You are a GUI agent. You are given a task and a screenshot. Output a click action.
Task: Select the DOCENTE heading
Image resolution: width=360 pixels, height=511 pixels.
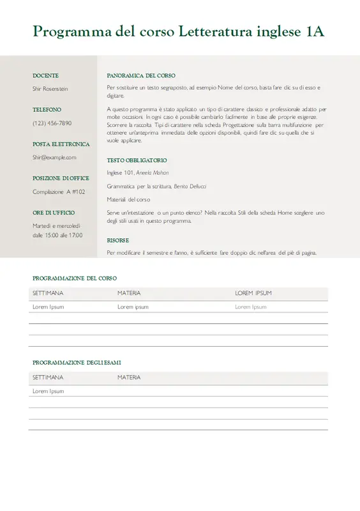tap(45, 75)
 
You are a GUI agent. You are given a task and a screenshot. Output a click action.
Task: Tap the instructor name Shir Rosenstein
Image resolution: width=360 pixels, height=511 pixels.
tap(50, 89)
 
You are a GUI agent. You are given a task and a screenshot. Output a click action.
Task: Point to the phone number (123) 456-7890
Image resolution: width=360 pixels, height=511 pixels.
tap(52, 123)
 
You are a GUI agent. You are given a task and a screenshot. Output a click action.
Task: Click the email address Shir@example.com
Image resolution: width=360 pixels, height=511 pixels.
tap(54, 157)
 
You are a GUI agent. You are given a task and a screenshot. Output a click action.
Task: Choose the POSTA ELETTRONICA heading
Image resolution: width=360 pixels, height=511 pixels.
tap(61, 144)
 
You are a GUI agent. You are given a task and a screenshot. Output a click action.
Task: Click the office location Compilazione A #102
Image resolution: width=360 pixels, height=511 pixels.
tap(59, 192)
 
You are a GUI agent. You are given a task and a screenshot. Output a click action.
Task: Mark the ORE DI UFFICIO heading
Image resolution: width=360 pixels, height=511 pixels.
tap(54, 213)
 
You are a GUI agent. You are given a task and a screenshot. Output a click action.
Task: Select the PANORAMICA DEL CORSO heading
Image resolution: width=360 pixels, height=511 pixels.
tap(141, 75)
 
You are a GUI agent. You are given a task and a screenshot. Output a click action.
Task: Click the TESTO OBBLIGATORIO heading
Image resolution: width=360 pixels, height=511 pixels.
tap(137, 160)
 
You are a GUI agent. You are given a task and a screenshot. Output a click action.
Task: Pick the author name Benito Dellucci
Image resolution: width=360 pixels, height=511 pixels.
tap(190, 187)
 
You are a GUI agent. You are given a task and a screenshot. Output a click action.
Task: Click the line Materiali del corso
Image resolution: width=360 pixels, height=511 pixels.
tap(128, 200)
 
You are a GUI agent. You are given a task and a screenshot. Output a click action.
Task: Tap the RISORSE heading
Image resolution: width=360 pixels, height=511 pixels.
tap(118, 241)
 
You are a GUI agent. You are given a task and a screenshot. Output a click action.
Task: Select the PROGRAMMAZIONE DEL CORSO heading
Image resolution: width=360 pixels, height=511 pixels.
tap(75, 278)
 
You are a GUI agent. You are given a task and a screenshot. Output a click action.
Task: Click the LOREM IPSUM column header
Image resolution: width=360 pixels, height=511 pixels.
tap(253, 293)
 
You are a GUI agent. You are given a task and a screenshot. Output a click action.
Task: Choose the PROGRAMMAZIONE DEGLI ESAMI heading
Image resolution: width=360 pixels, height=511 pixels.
tap(77, 363)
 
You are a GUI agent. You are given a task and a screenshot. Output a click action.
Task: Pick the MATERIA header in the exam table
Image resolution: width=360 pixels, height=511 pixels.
tap(129, 378)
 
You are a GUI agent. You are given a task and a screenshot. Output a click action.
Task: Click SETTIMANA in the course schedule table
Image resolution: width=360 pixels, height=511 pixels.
tap(48, 293)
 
